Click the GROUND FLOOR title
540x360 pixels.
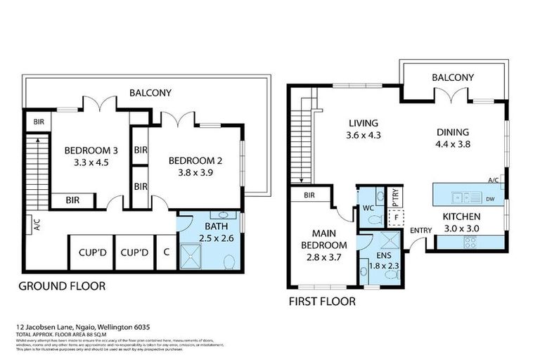tap(61, 286)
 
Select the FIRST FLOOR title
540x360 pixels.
tap(321, 302)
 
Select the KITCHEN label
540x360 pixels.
tap(461, 217)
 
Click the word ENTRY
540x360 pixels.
tap(420, 230)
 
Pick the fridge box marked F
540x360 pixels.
tap(397, 217)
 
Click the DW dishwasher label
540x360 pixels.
tap(489, 198)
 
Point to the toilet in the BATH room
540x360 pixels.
tap(229, 262)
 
